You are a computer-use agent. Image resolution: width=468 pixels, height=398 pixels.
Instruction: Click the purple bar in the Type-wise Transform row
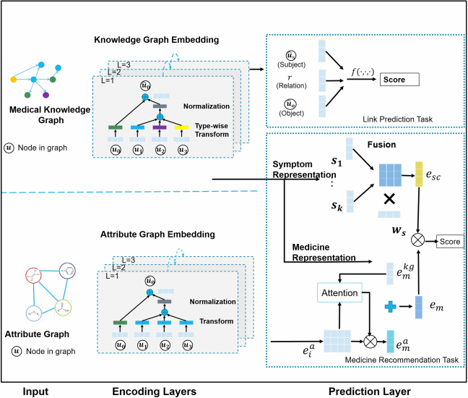[160, 128]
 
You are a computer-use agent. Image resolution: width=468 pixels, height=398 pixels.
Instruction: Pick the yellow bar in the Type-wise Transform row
[182, 128]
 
